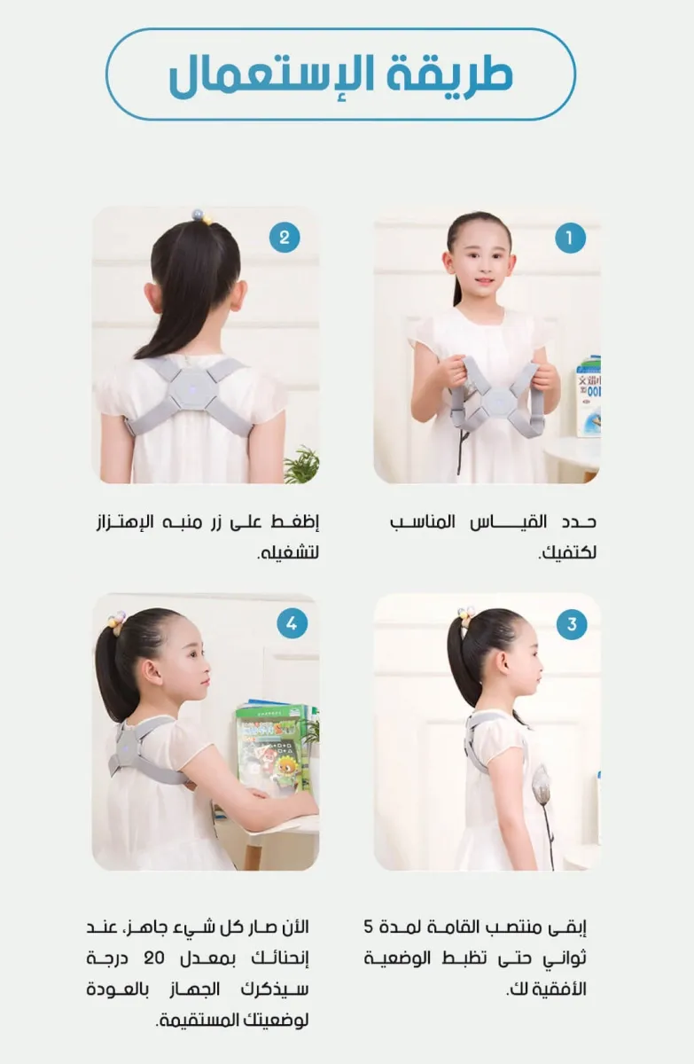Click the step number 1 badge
point(570,238)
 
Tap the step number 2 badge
point(285,238)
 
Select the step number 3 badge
point(572,624)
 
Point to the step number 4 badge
point(292,623)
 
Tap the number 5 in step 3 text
point(369,927)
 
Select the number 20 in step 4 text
point(154,958)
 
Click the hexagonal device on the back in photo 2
point(191,388)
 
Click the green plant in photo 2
point(302,465)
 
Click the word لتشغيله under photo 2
point(288,552)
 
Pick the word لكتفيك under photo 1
point(567,552)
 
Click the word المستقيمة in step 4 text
point(198,1021)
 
